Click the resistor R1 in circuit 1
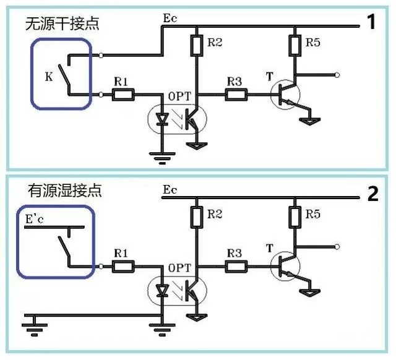pos(123,95)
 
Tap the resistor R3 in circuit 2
pos(236,267)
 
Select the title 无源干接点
pos(61,24)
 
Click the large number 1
pos(371,24)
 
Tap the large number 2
pos(372,194)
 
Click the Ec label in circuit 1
pos(170,19)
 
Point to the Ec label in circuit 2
pos(170,189)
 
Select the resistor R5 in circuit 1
pos(295,44)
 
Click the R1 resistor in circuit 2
pos(123,267)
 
